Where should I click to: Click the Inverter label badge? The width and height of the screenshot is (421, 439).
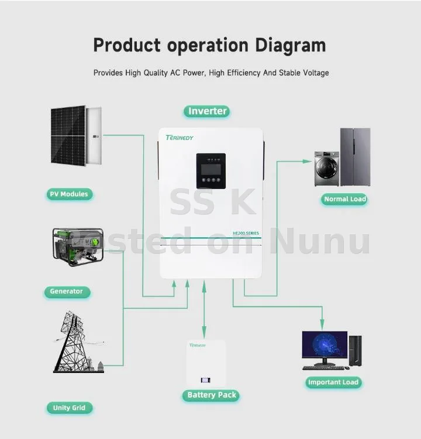pyautogui.click(x=207, y=111)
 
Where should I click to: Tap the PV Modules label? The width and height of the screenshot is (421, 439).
pyautogui.click(x=69, y=194)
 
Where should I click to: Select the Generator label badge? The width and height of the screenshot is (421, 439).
pyautogui.click(x=67, y=291)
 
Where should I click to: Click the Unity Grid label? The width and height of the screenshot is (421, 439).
pyautogui.click(x=69, y=407)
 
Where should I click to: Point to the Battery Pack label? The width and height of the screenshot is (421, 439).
pyautogui.click(x=212, y=395)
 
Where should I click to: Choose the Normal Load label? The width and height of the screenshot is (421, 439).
pyautogui.click(x=345, y=199)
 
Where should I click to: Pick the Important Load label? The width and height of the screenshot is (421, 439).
pyautogui.click(x=333, y=382)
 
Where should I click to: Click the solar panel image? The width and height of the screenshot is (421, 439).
pyautogui.click(x=76, y=135)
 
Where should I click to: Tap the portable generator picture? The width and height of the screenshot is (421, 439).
pyautogui.click(x=78, y=247)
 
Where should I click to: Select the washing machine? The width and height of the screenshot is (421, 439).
pyautogui.click(x=326, y=169)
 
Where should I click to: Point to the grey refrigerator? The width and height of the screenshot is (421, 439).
pyautogui.click(x=356, y=157)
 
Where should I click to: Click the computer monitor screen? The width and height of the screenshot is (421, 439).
pyautogui.click(x=325, y=344)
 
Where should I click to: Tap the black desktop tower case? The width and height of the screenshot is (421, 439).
pyautogui.click(x=356, y=350)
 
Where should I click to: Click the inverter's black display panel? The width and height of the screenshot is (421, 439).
pyautogui.click(x=211, y=171)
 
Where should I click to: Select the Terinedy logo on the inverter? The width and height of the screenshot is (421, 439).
pyautogui.click(x=180, y=137)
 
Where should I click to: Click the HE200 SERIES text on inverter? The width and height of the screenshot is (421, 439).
pyautogui.click(x=246, y=233)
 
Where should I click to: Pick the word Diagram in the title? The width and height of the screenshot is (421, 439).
pyautogui.click(x=291, y=45)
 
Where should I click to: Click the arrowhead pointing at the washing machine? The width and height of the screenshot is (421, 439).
pyautogui.click(x=307, y=161)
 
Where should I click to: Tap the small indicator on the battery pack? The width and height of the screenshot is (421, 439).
pyautogui.click(x=206, y=380)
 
